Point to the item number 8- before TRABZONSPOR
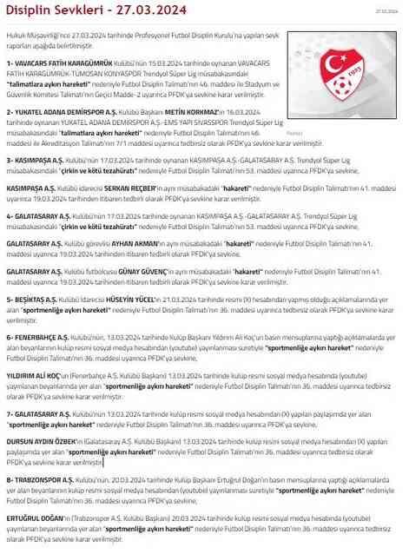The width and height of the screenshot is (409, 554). click(x=9, y=479)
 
